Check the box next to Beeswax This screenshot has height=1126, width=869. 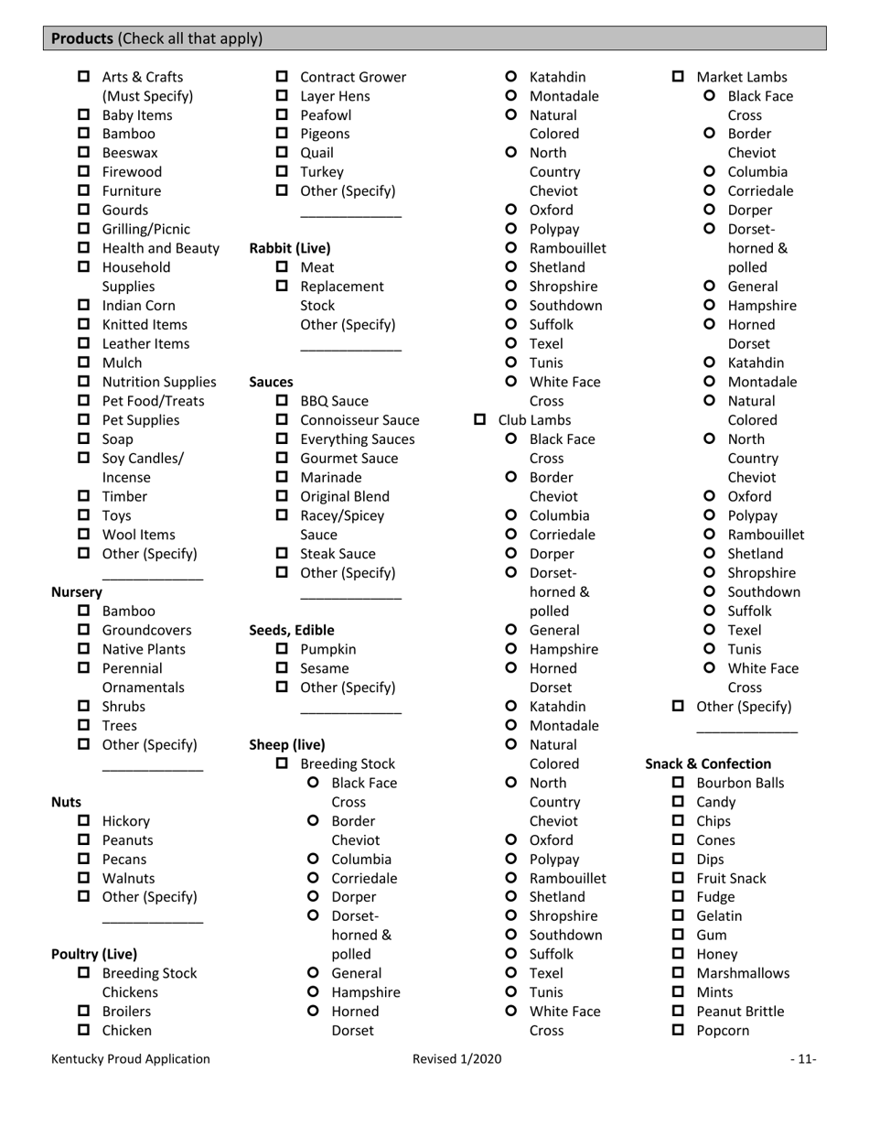pyautogui.click(x=84, y=153)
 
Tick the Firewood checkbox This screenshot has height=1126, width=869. pyautogui.click(x=84, y=172)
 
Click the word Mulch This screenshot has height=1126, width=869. pyautogui.click(x=122, y=363)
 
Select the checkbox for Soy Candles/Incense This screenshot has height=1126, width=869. pyautogui.click(x=84, y=459)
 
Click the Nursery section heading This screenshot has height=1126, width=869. pyautogui.click(x=76, y=591)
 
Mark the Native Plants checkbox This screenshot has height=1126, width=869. pyautogui.click(x=84, y=649)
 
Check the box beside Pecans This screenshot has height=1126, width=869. pyautogui.click(x=84, y=860)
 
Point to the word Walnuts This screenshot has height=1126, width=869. pyautogui.click(x=128, y=878)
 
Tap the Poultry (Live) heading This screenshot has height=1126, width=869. pyautogui.click(x=94, y=954)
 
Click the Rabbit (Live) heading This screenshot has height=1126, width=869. pyautogui.click(x=290, y=248)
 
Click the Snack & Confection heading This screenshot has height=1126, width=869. pyautogui.click(x=708, y=763)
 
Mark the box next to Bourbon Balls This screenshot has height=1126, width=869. pyautogui.click(x=679, y=783)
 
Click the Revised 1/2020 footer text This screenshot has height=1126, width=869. pyautogui.click(x=456, y=1059)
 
